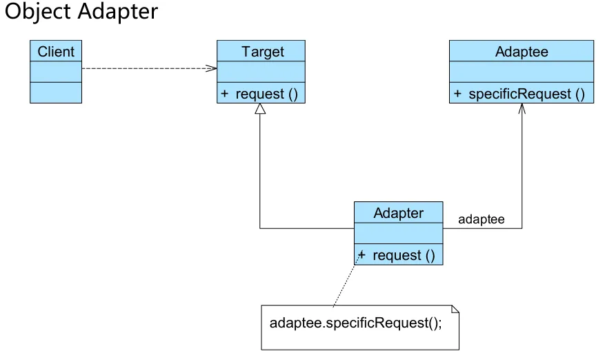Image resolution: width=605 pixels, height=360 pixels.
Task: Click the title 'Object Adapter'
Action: (x=81, y=12)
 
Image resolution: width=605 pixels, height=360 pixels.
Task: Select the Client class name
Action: (x=56, y=51)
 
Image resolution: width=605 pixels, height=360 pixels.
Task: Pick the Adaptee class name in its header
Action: (x=522, y=51)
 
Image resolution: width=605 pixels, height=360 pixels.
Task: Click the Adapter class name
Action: (x=398, y=212)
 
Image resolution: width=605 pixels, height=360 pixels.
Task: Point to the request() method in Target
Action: (x=266, y=94)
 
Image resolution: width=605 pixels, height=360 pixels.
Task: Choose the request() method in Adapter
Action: (x=404, y=255)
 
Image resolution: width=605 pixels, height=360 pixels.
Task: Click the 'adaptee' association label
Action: (x=482, y=219)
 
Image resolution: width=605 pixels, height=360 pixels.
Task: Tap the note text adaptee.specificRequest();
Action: (x=355, y=323)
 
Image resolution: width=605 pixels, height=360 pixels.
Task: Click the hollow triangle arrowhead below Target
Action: (x=260, y=109)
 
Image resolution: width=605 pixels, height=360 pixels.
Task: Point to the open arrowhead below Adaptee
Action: (x=522, y=108)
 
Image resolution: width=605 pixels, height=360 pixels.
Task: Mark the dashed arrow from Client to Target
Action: (x=148, y=68)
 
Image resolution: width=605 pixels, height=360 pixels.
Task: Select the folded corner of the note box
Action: (x=455, y=308)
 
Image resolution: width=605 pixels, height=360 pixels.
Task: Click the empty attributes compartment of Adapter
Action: (x=398, y=233)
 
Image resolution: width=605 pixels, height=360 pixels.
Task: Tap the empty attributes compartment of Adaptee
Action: (x=522, y=72)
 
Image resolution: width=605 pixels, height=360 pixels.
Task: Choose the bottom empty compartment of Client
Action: (x=56, y=92)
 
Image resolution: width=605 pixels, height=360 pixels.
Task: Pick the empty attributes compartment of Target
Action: (x=261, y=72)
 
